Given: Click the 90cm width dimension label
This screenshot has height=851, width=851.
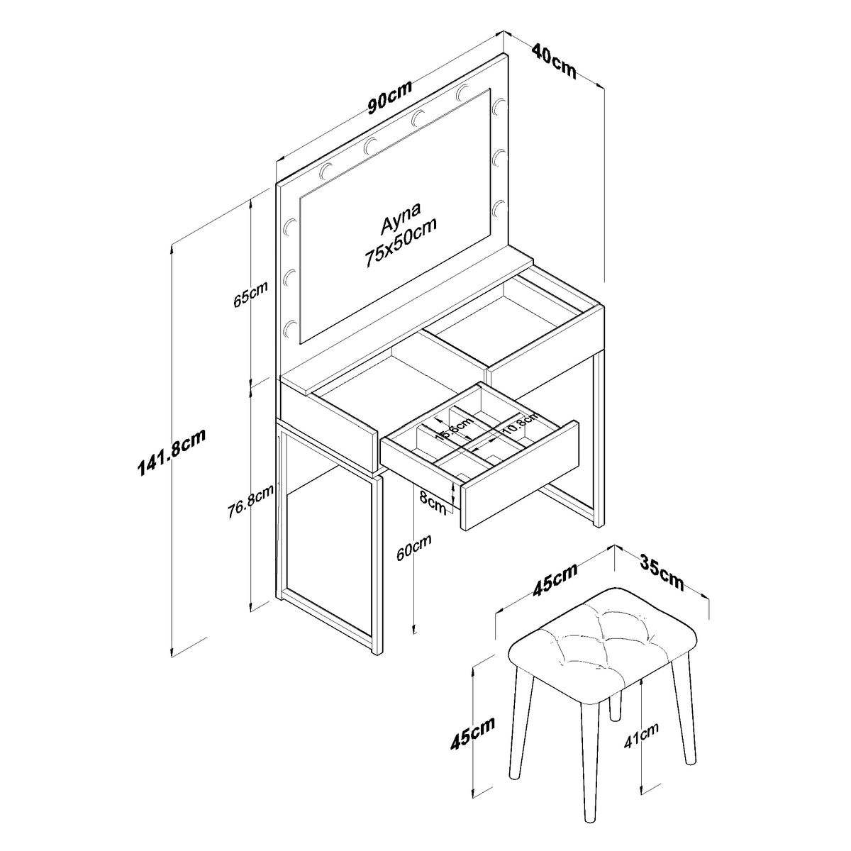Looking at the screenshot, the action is point(390,97).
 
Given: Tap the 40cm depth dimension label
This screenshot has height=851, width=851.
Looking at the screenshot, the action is point(554,60).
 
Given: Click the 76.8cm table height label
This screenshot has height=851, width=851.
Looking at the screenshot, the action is point(250,501).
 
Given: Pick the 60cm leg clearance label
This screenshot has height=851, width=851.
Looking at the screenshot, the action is point(413,547).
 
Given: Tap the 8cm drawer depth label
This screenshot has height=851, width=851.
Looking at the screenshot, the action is point(433,503).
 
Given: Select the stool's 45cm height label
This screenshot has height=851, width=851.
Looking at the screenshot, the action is point(473,733).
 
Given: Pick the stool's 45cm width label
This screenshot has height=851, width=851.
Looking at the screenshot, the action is point(555,579).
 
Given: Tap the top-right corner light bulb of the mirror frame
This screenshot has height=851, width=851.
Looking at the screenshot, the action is point(499,106).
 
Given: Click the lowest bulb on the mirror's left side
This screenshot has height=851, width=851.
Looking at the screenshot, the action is point(291,328).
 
